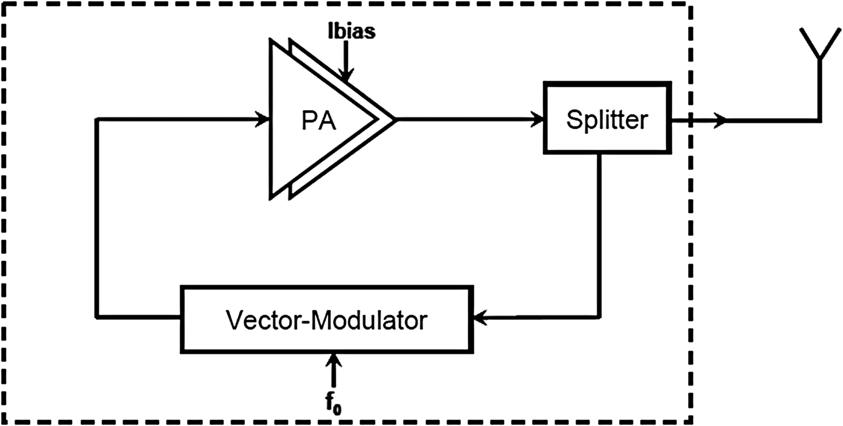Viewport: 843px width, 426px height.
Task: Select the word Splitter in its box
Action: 607,120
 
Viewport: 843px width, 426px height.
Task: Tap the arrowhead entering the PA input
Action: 263,119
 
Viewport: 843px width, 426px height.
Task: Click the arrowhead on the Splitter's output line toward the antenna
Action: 720,120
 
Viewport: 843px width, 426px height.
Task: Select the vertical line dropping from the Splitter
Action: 599,235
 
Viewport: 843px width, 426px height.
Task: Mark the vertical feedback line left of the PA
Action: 97,217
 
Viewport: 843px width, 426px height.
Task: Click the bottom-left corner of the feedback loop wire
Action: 97,316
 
